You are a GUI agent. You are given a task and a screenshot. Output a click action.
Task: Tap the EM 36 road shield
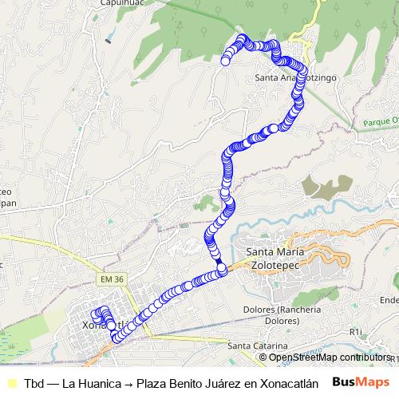[113, 279]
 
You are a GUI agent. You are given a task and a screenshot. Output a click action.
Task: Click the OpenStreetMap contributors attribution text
[330, 357]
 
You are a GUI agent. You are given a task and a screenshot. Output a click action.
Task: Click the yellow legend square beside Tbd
[10, 382]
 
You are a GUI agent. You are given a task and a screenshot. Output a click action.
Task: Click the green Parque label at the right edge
[378, 122]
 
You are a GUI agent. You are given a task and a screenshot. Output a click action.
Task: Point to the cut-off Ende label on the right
[389, 300]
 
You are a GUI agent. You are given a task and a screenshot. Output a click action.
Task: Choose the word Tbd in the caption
[34, 382]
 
